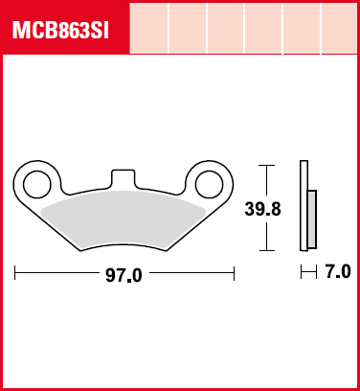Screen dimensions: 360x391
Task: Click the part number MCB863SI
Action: pos(60,31)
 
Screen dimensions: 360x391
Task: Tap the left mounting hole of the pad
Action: pos(37,184)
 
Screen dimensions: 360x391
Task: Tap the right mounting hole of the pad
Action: pos(210,184)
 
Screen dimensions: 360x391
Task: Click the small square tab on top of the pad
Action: pos(123,177)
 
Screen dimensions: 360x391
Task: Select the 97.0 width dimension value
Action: pos(124,275)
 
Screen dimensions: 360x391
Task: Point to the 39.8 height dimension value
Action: pos(262,209)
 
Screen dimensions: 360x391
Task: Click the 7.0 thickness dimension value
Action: pos(338,272)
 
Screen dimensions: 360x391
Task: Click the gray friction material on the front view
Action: pos(124,220)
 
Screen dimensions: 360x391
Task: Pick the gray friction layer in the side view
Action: pos(312,219)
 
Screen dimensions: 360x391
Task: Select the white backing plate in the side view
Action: pos(304,205)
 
